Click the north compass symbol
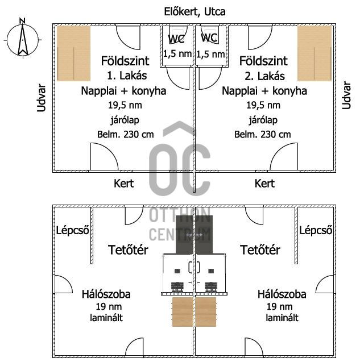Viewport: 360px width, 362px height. [22, 39]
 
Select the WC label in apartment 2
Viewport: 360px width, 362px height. [209, 38]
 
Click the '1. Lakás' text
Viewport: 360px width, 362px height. [123, 76]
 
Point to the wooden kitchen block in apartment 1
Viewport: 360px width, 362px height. [73, 53]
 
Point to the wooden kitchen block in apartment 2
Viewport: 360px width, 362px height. [314, 53]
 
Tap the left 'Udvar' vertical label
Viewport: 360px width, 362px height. [41, 97]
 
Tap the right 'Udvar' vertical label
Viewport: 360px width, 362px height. [346, 95]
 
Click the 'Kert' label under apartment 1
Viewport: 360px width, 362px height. [124, 184]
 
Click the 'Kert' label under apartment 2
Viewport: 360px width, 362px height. [264, 184]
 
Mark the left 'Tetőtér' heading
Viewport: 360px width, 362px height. [128, 250]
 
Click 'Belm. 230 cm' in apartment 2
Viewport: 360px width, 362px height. [263, 135]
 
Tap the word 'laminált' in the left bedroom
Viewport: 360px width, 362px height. [107, 318]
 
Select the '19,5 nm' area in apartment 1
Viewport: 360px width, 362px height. [123, 105]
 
